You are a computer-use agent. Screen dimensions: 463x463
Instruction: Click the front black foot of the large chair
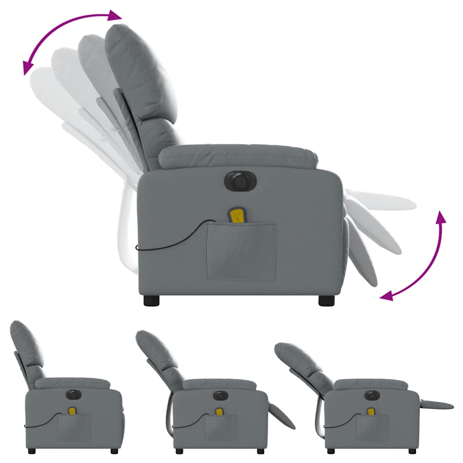(x=326, y=301)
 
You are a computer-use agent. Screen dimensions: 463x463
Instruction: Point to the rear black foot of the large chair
(x=152, y=301)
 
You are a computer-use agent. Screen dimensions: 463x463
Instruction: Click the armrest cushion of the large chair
(x=237, y=156)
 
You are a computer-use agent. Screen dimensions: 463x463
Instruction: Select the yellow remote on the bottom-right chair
(x=371, y=412)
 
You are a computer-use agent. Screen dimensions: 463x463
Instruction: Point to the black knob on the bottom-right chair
(x=371, y=395)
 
